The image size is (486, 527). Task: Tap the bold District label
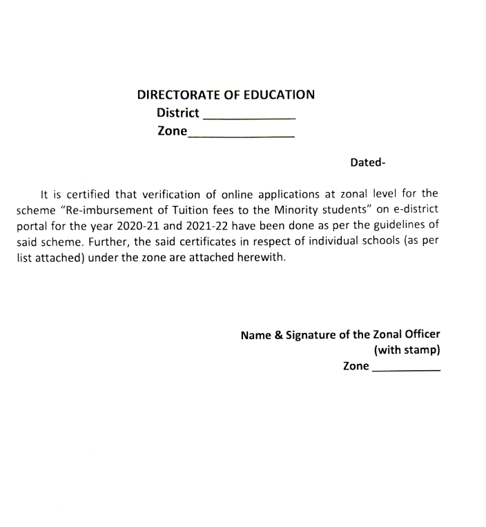tap(178, 113)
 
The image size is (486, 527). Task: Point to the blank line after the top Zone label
tap(241, 136)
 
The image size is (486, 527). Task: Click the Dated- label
tap(367, 163)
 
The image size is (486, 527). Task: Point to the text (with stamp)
tap(407, 350)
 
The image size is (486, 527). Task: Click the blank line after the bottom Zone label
tap(406, 370)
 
